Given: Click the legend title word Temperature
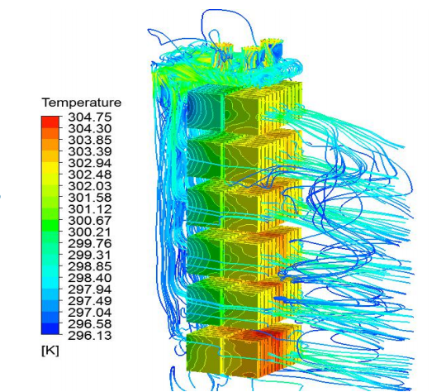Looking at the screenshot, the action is click(x=82, y=103).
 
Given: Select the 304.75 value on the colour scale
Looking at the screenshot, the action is click(x=90, y=117).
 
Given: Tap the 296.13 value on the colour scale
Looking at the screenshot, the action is click(x=90, y=335).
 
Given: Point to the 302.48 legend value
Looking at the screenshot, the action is click(x=90, y=174).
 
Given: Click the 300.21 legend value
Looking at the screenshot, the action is click(x=90, y=232).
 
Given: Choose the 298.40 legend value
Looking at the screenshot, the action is click(x=90, y=278).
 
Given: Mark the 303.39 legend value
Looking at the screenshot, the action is click(x=90, y=151).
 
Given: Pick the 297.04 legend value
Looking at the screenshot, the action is click(x=90, y=313).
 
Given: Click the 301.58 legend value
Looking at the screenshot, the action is click(x=90, y=198).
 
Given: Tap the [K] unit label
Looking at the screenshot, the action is click(x=50, y=351).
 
